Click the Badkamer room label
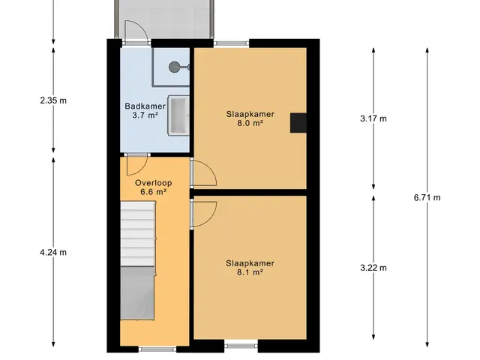click(x=145, y=106)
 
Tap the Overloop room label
click(x=153, y=183)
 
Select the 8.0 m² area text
click(x=250, y=123)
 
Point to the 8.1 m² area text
click(x=250, y=272)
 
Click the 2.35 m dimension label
click(x=53, y=100)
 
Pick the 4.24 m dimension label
click(x=53, y=253)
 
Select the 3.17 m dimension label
click(x=373, y=118)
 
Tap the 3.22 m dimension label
click(x=373, y=268)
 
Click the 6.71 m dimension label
click(x=427, y=198)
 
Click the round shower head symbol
click(x=175, y=67)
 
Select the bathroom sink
click(x=178, y=115)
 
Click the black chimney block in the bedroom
click(x=298, y=123)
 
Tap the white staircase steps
click(x=138, y=233)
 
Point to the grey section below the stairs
click(x=137, y=293)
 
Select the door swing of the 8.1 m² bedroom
click(x=203, y=214)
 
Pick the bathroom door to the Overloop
click(x=138, y=165)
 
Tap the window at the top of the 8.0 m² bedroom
click(x=232, y=43)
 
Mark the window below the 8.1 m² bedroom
click(x=241, y=346)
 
